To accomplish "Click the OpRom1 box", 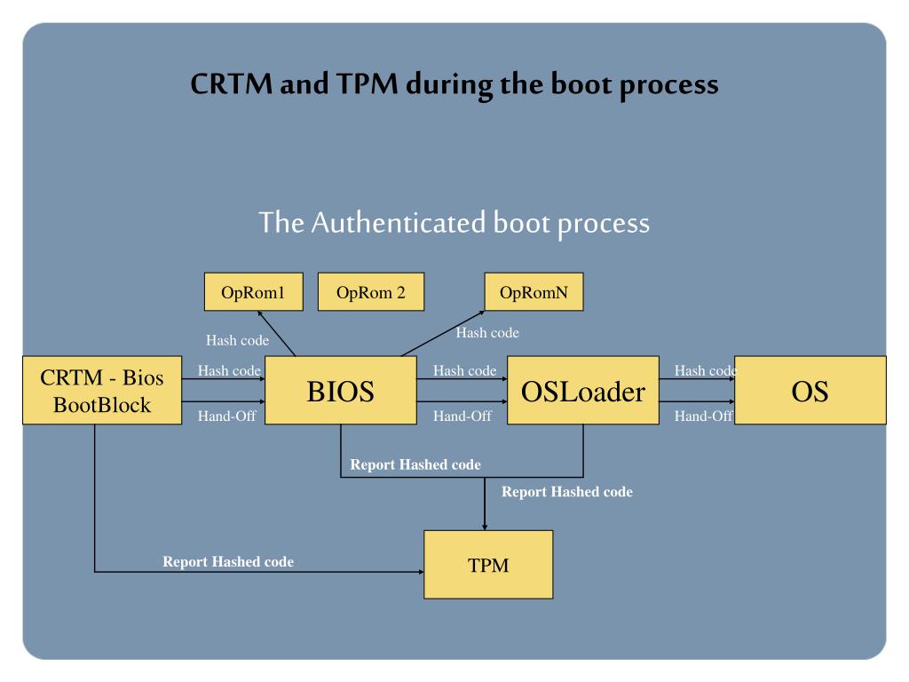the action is tap(253, 291).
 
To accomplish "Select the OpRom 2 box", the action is tap(371, 291).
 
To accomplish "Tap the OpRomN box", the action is tap(534, 291).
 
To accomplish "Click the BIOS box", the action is tap(341, 391).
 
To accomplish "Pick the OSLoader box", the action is tap(583, 391).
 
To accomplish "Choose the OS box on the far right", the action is tap(810, 391).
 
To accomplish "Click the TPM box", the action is tap(489, 564).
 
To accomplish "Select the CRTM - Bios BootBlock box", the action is tap(102, 391).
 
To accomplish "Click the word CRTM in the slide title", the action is tap(232, 83).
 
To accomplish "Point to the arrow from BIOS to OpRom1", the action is tap(277, 334).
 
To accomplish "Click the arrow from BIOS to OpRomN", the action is tap(442, 334).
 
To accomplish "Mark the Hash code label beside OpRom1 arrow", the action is tap(238, 340).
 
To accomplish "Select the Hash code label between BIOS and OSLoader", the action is tap(465, 370).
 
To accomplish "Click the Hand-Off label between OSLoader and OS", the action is tap(704, 416).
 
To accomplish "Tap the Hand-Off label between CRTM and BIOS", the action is tap(227, 416).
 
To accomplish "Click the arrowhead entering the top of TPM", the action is tap(485, 527).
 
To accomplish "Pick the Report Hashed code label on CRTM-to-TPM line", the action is tap(228, 561).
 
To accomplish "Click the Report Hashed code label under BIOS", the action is tap(415, 464).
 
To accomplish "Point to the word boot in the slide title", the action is tap(581, 83).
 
